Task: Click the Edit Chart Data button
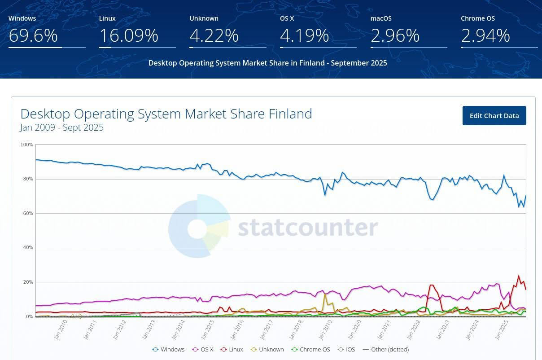tap(494, 116)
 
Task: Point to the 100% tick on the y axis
tap(27, 145)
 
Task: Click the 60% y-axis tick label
tap(28, 213)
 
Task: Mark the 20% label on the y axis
tap(28, 282)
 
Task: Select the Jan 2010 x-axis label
tap(61, 330)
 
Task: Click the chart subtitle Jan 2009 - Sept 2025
tap(62, 127)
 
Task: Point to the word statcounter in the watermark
tap(307, 228)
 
